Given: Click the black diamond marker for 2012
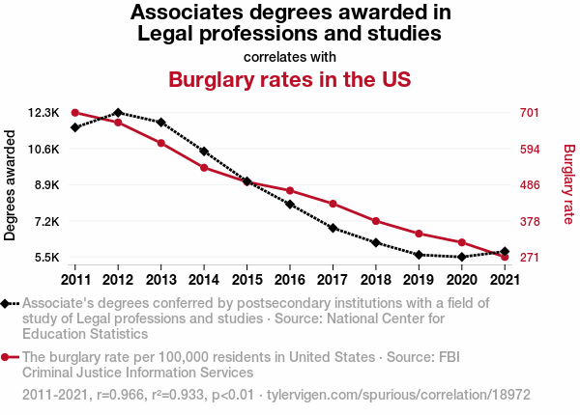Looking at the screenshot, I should click(118, 113).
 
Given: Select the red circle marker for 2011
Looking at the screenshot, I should click(75, 113).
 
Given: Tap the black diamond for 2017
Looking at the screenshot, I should click(333, 228).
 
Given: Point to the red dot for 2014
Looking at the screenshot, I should click(204, 168).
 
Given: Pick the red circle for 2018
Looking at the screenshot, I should click(375, 221).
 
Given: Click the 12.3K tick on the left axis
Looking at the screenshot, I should click(44, 113).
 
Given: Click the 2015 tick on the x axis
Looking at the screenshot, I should click(246, 279).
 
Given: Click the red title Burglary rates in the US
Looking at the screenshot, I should click(290, 79).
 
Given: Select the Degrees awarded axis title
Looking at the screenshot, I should click(11, 185).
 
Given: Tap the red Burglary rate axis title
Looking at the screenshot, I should click(568, 185).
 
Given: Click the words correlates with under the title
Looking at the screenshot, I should click(290, 56).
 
